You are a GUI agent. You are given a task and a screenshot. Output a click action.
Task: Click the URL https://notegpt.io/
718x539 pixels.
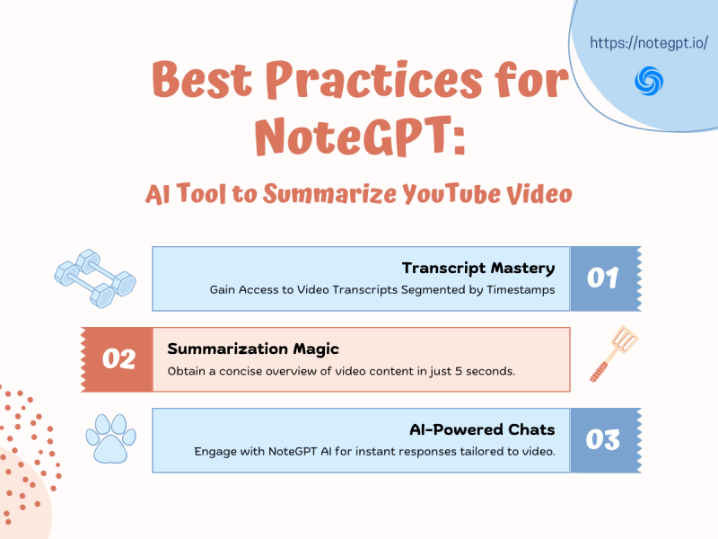coord(650,42)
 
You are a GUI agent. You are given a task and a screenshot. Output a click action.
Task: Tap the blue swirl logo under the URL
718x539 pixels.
coord(647,81)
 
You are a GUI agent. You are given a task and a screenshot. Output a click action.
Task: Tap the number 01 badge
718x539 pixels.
coord(602,278)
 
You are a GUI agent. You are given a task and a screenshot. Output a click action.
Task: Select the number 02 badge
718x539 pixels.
coord(118,359)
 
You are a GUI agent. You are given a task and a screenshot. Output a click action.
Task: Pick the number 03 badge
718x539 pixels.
coord(602,440)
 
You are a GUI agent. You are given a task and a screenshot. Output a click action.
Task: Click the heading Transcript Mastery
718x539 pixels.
coord(478,268)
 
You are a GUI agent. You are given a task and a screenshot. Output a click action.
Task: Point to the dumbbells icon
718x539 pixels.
coord(94,276)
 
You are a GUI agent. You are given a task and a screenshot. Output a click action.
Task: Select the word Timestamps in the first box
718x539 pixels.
coord(519,290)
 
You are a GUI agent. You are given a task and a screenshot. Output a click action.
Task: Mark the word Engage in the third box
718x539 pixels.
coord(215,452)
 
